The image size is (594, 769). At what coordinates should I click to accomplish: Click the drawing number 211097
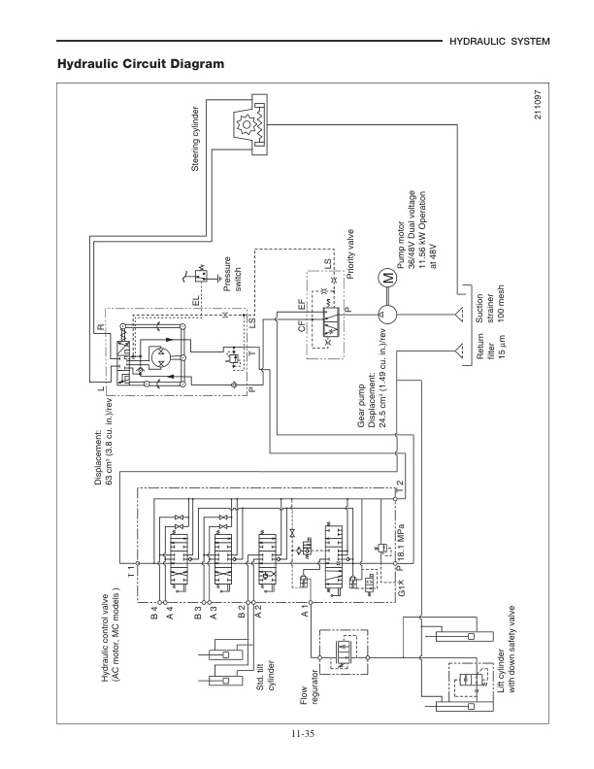pos(537,115)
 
